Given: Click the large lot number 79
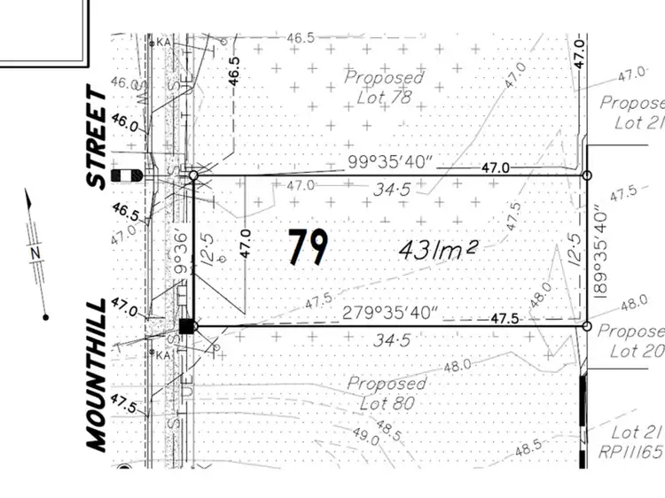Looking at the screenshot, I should point(308,246).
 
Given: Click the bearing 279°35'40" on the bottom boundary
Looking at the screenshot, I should point(391,314).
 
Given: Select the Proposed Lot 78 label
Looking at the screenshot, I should point(384,87).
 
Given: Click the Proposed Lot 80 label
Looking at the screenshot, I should point(386,393).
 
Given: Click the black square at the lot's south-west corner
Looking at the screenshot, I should point(186,326).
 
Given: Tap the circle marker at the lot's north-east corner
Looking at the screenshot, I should point(586,176).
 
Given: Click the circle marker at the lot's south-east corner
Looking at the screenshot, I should point(586,327).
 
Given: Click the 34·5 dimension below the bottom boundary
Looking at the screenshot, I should point(390,339).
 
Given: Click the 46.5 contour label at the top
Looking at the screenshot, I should point(301,38).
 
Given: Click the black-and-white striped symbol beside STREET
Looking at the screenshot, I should point(129,175).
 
